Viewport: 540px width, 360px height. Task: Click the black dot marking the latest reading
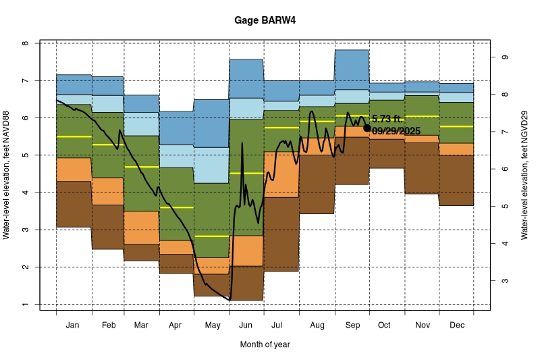367,128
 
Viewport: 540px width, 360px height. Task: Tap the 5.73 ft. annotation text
387,120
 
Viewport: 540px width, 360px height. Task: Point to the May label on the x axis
212,326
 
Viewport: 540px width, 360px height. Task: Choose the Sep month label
351,326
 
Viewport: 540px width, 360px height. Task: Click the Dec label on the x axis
456,326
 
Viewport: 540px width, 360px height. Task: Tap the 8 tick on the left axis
25,43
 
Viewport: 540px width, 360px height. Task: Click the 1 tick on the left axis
25,305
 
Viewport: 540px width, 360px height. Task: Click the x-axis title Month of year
265,344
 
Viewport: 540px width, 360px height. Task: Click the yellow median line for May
212,236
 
